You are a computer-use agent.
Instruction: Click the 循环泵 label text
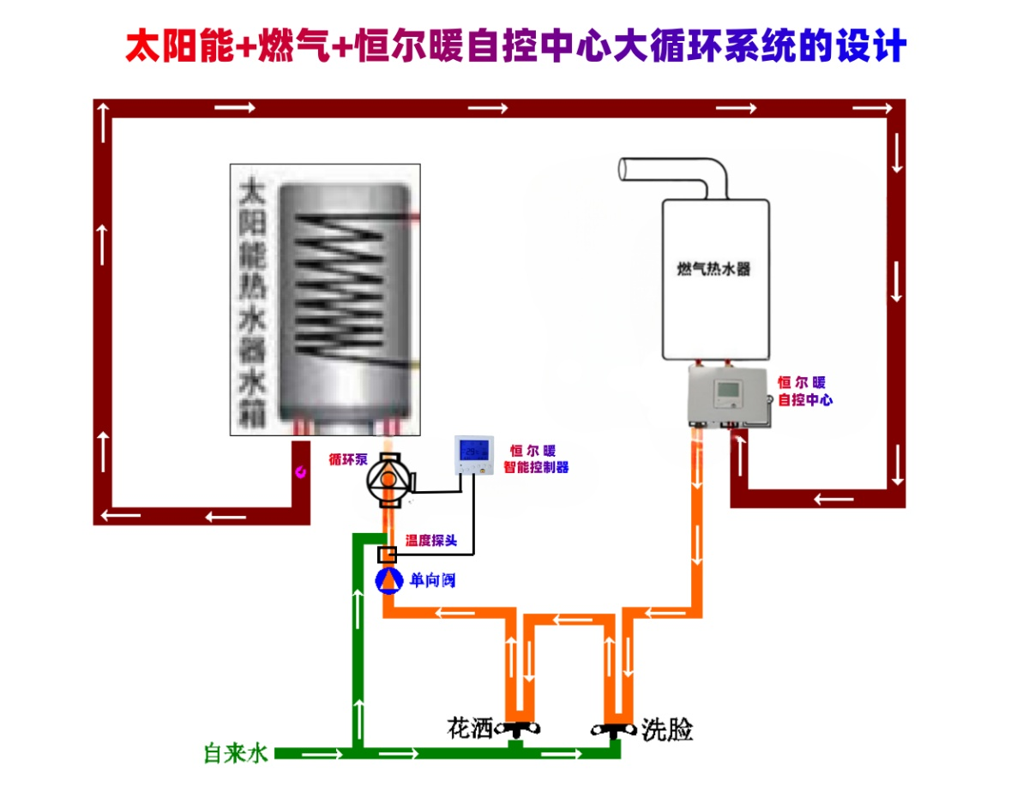pos(346,458)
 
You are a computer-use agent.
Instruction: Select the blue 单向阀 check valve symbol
pos(388,580)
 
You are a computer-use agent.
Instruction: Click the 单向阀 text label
pos(432,580)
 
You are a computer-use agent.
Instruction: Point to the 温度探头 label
pos(431,541)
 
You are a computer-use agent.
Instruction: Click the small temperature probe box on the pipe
pos(387,554)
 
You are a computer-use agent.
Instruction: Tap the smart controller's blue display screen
pos(474,449)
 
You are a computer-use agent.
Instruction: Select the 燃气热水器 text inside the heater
pos(713,269)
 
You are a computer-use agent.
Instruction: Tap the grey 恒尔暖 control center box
pos(728,395)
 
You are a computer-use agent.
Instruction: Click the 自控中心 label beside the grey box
pos(804,399)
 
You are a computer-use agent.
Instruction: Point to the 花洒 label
pos(471,728)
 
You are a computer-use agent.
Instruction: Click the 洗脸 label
pos(667,730)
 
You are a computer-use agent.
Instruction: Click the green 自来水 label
pos(236,753)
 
